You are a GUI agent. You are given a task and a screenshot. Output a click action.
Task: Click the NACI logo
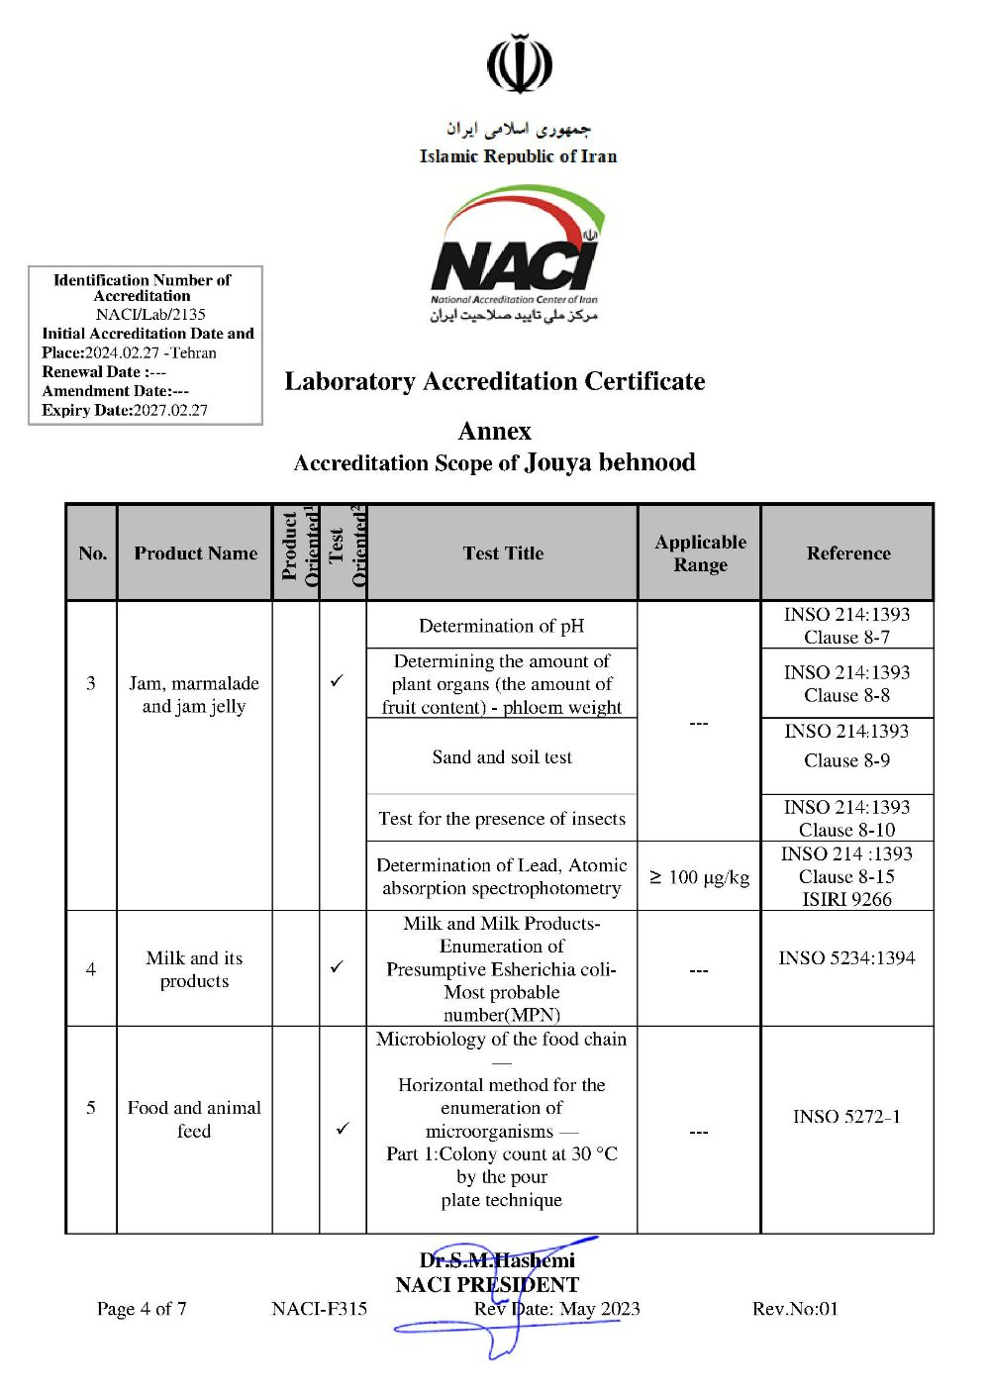(516, 253)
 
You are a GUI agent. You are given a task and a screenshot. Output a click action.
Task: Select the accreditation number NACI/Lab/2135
(150, 315)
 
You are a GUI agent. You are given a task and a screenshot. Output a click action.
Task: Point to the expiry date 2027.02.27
(170, 410)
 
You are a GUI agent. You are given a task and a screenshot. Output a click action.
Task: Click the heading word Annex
(494, 431)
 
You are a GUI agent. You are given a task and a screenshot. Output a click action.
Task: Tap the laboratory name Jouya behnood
(610, 462)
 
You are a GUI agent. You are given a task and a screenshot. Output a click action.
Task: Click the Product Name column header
(195, 553)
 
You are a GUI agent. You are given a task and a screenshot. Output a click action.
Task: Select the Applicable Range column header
(700, 553)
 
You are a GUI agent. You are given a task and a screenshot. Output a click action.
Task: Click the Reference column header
(847, 553)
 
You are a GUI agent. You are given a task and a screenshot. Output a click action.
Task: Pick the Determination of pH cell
(501, 626)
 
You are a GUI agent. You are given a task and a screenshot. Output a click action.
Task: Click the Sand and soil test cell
(502, 757)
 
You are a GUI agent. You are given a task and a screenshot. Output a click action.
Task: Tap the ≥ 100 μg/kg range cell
(699, 877)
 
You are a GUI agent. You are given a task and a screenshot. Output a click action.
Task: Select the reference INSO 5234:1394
(846, 957)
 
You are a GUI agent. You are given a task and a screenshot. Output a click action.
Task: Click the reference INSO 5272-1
(846, 1117)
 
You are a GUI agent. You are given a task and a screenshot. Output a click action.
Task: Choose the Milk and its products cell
(194, 969)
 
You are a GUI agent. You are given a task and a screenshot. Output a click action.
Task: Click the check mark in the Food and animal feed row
(343, 1128)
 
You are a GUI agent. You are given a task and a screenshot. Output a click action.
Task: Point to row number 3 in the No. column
(91, 683)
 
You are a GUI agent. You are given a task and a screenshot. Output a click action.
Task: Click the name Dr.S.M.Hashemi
(497, 1259)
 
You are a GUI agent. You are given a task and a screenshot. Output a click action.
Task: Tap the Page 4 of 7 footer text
(142, 1309)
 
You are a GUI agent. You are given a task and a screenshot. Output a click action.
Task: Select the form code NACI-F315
(319, 1309)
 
